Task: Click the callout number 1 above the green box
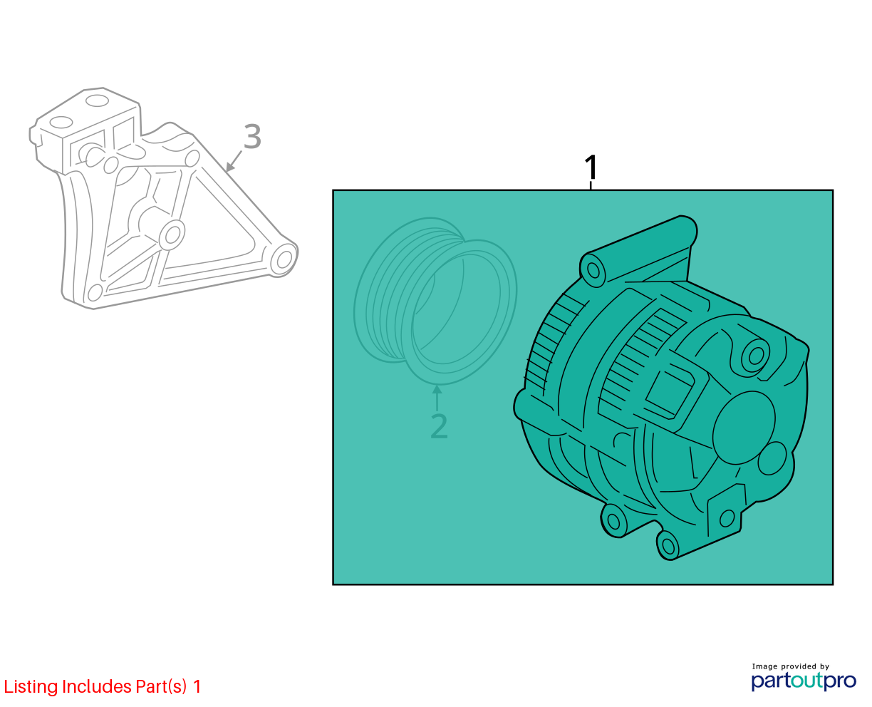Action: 591,167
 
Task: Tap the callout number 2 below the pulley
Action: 439,426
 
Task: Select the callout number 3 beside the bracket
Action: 252,136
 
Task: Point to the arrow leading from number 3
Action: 234,160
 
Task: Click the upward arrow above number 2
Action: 437,398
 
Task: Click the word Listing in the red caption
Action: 31,687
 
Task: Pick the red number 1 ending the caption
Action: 197,686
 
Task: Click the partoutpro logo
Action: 803,681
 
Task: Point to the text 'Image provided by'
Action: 791,666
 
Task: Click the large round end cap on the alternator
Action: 744,428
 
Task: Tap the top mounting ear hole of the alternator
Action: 593,270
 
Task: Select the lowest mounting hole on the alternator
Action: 668,546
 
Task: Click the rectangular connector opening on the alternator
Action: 670,391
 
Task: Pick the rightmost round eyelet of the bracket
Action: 284,259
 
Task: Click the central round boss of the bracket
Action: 172,234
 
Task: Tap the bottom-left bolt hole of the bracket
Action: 95,292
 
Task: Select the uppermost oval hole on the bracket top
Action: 97,100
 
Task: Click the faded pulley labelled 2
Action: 435,301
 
